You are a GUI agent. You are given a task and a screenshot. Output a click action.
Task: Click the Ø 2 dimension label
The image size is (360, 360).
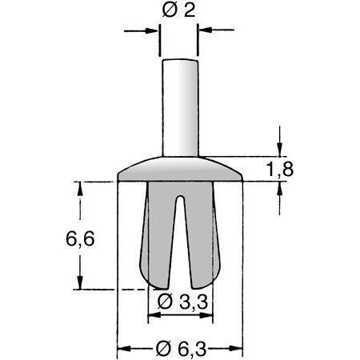[x=179, y=11]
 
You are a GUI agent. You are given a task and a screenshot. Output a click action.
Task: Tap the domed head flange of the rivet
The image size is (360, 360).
[x=179, y=170]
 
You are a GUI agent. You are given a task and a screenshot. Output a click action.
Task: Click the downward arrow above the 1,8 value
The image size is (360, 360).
[x=279, y=149]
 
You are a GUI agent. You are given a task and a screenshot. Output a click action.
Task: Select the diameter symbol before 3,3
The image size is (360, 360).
[x=163, y=302]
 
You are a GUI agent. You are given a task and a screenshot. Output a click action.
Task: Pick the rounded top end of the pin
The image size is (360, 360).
[x=179, y=62]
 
